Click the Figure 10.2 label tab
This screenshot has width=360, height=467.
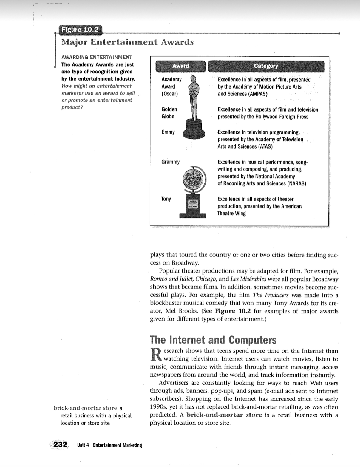(x=79, y=30)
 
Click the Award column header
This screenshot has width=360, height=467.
(x=180, y=66)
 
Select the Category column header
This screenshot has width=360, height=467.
(x=266, y=66)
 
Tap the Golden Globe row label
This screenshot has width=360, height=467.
(x=169, y=113)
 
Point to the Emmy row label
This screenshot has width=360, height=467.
(x=168, y=132)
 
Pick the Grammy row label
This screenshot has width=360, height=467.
(x=170, y=162)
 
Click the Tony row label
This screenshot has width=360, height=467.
(x=166, y=199)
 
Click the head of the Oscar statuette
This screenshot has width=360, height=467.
(x=194, y=79)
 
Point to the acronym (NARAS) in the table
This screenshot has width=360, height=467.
(x=296, y=184)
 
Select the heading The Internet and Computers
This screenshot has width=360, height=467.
(x=213, y=340)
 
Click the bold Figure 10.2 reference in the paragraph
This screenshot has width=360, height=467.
(x=233, y=311)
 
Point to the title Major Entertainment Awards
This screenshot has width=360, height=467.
(x=127, y=42)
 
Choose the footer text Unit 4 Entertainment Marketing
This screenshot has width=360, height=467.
(x=109, y=445)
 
